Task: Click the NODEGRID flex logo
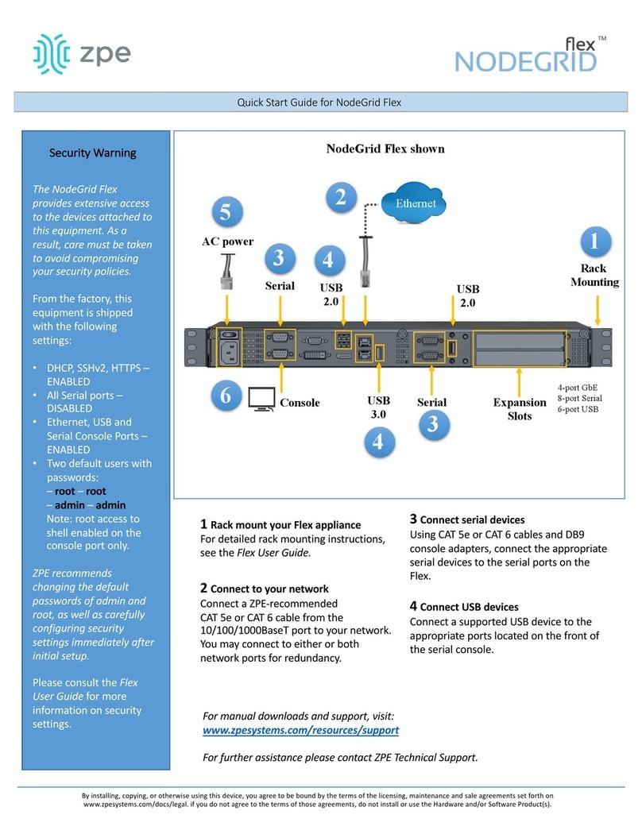click(526, 56)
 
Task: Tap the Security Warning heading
click(93, 153)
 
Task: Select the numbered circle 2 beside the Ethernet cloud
click(340, 197)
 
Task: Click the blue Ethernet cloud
click(416, 203)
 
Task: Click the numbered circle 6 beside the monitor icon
click(225, 395)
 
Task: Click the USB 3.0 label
click(377, 407)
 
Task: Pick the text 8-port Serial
click(579, 398)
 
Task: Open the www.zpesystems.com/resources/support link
click(301, 729)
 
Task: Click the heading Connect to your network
click(269, 589)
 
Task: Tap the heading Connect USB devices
click(469, 606)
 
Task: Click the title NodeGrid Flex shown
click(385, 149)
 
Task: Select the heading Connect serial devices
click(471, 519)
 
